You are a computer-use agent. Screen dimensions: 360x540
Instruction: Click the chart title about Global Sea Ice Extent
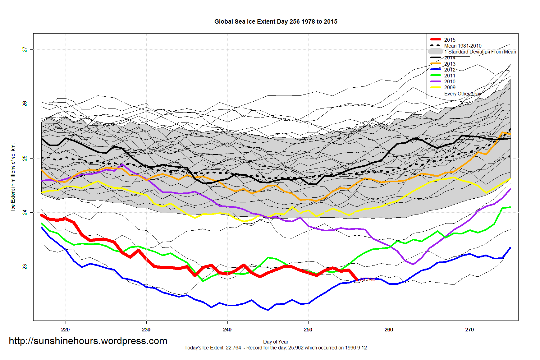[x=276, y=21]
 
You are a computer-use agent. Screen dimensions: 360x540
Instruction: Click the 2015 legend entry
[x=449, y=40]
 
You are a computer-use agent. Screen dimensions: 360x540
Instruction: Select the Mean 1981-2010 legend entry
[x=462, y=46]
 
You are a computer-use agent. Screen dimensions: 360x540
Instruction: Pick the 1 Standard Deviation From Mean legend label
[x=480, y=52]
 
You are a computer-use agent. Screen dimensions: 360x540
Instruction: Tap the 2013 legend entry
[x=449, y=64]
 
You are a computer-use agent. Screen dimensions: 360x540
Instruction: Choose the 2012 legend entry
[x=449, y=70]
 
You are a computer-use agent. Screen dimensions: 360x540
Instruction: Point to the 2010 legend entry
[x=449, y=81]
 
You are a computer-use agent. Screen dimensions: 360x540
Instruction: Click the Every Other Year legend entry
[x=462, y=94]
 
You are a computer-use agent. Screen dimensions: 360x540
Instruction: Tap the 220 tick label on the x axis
[x=65, y=330]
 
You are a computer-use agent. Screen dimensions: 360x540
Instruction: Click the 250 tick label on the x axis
[x=308, y=330]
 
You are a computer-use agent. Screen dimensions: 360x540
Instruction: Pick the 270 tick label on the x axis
[x=469, y=330]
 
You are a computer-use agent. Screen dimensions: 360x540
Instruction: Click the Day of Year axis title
[x=276, y=342]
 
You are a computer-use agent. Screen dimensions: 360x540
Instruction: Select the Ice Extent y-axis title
[x=13, y=177]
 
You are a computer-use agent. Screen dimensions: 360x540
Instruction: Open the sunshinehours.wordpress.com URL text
[x=88, y=341]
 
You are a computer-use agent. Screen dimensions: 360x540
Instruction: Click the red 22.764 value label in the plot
[x=367, y=280]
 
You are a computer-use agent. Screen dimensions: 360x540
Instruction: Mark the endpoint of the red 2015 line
[x=357, y=280]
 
